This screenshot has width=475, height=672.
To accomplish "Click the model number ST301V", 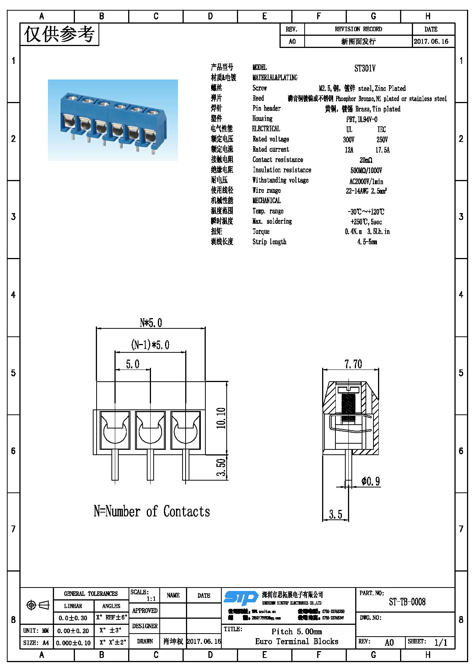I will pyautogui.click(x=365, y=68).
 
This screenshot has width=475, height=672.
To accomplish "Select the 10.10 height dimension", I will pyautogui.click(x=221, y=418).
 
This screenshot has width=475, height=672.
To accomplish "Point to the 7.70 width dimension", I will pyautogui.click(x=353, y=364).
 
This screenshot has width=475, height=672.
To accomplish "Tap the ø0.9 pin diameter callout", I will pyautogui.click(x=370, y=481).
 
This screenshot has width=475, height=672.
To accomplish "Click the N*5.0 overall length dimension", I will pyautogui.click(x=151, y=323).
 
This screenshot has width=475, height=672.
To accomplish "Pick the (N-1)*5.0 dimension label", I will pyautogui.click(x=150, y=345).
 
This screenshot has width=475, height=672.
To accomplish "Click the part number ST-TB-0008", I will pyautogui.click(x=407, y=602).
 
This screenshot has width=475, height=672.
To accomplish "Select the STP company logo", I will pyautogui.click(x=240, y=598).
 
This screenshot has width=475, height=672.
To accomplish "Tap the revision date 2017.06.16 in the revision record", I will pyautogui.click(x=431, y=41).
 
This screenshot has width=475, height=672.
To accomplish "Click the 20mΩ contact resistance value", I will pyautogui.click(x=366, y=160).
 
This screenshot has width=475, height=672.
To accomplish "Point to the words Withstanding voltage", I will pyautogui.click(x=280, y=180).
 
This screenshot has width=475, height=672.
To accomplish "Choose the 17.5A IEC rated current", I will pyautogui.click(x=382, y=150).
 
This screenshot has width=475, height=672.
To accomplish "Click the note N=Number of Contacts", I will pyautogui.click(x=152, y=511).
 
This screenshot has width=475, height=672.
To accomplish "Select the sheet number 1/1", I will pyautogui.click(x=440, y=643).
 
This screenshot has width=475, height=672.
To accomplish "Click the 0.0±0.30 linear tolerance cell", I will pyautogui.click(x=73, y=618).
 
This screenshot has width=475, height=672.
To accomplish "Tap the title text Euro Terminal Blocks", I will pyautogui.click(x=297, y=641).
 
